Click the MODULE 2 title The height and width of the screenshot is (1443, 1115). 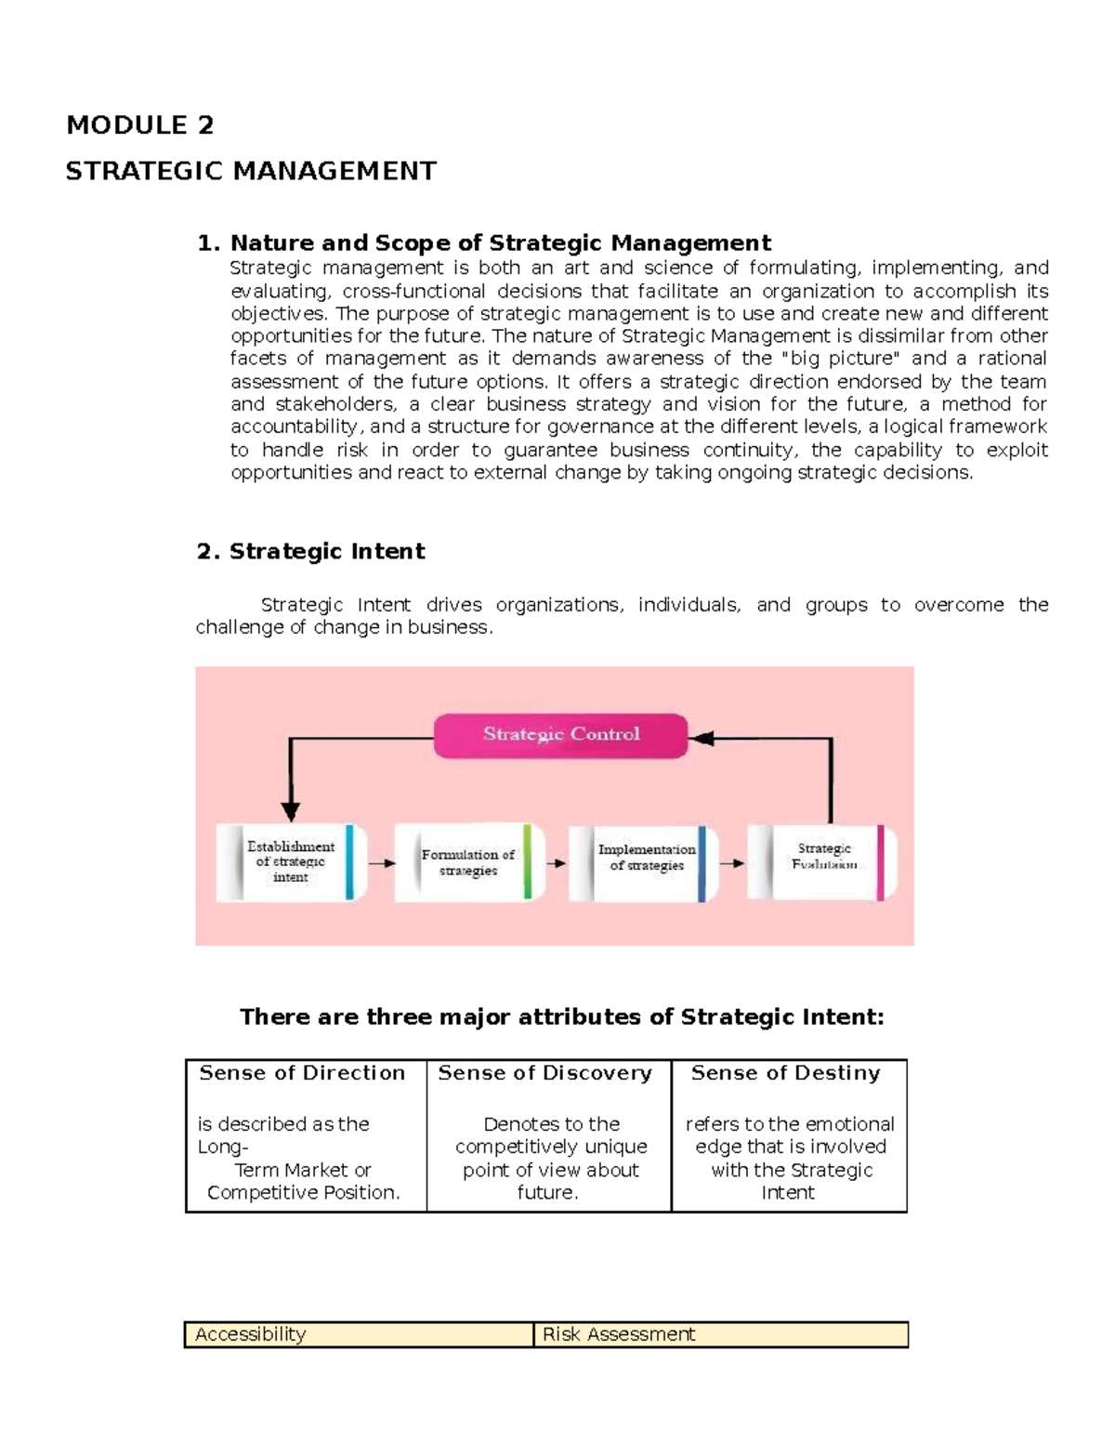point(140,125)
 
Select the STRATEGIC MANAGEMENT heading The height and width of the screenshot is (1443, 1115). point(251,172)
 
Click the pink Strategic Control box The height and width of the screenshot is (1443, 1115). point(560,735)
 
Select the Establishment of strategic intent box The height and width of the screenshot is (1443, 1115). point(291,862)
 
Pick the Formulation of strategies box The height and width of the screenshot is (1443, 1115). point(468,862)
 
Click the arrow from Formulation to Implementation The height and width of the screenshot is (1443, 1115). point(556,863)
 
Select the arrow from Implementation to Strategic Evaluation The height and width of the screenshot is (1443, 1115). point(732,863)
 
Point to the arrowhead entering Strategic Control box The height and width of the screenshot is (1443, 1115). point(702,739)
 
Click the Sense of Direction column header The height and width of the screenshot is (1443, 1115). point(302,1073)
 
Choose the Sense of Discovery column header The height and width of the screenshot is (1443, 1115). point(545,1073)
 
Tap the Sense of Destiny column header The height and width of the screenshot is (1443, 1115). point(785,1073)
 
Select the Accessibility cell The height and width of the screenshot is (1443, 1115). point(251,1334)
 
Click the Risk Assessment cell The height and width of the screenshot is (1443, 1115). point(619,1334)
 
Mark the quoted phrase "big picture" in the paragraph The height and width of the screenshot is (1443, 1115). point(844,359)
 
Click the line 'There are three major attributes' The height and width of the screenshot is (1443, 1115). point(561,1017)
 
